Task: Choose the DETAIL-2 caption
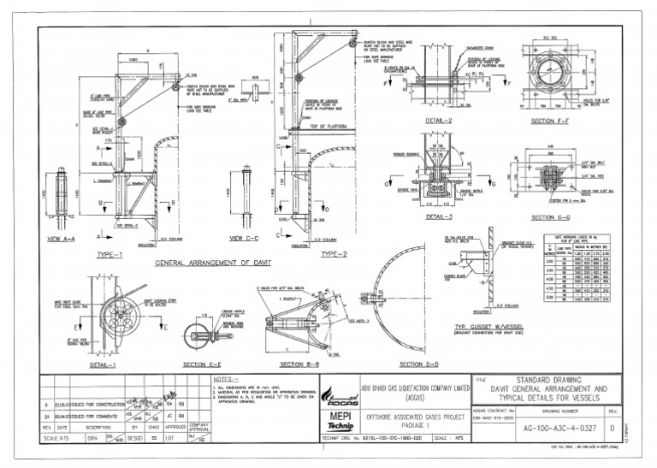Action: click(x=439, y=121)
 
